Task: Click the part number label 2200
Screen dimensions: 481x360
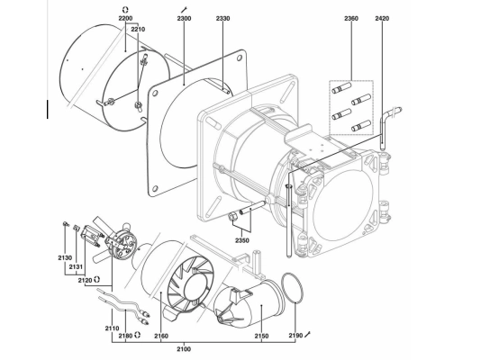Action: (x=125, y=18)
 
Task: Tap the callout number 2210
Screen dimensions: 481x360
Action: (x=138, y=30)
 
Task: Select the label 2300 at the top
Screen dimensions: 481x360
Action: (x=184, y=18)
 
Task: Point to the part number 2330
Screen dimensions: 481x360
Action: (x=222, y=18)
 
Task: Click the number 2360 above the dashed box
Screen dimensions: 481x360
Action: (x=351, y=18)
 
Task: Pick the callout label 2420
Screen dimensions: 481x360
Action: (x=382, y=18)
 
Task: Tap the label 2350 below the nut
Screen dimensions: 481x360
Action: (x=242, y=240)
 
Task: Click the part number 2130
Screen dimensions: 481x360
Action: (x=65, y=258)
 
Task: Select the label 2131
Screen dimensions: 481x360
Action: (x=76, y=267)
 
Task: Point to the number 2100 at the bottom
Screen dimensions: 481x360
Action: (x=184, y=349)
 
